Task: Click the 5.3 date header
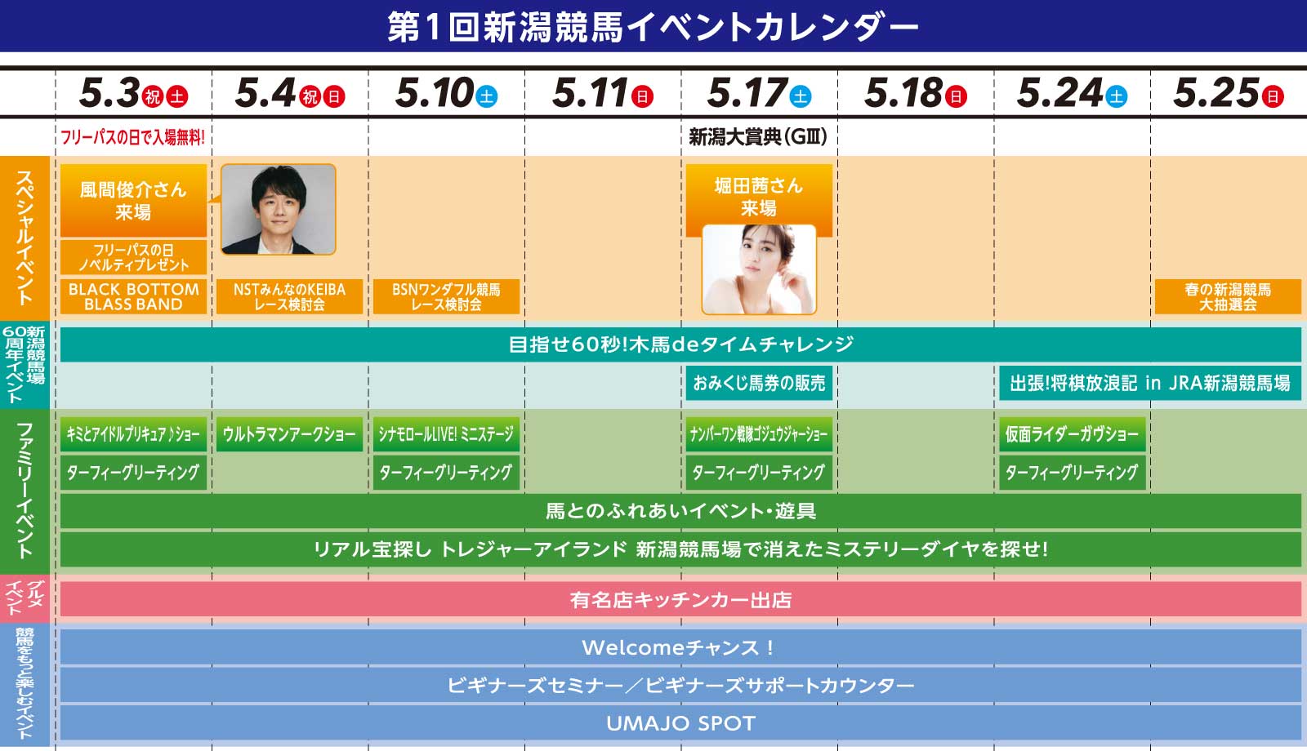tap(134, 93)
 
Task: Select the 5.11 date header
tap(603, 93)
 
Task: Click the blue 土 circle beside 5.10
tap(486, 96)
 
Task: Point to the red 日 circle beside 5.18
tap(956, 96)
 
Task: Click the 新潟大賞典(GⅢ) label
tap(758, 137)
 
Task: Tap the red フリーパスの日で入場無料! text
tap(132, 138)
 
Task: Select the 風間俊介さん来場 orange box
tap(134, 201)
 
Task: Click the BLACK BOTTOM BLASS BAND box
tap(134, 297)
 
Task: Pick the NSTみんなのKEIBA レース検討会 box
tap(289, 297)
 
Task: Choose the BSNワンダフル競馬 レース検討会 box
tap(446, 297)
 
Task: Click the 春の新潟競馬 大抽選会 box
tap(1228, 297)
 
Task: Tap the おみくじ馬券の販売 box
tap(759, 383)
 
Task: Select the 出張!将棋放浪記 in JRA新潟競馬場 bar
tap(1150, 383)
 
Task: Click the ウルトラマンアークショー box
tap(289, 433)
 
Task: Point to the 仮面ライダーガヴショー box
tap(1073, 433)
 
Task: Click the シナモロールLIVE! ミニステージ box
tap(446, 433)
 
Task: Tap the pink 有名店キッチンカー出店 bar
tap(681, 599)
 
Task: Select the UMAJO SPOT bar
tap(681, 723)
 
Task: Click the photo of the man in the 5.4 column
tap(279, 209)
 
